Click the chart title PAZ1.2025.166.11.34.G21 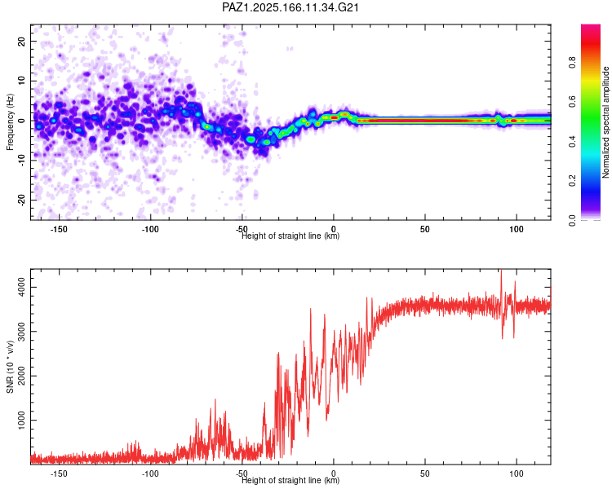[290, 7]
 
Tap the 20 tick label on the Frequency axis [21, 41]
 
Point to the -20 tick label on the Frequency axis [21, 200]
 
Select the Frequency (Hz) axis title [10, 122]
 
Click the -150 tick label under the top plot [59, 229]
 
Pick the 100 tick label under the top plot [516, 229]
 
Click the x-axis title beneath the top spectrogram [290, 236]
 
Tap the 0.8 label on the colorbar [572, 63]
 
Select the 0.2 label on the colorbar [572, 180]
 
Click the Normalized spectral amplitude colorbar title [605, 122]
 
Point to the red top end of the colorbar [591, 26]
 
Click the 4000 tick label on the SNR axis [21, 288]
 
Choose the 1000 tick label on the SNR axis [21, 420]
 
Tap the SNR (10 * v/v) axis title [10, 367]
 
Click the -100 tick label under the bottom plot [150, 474]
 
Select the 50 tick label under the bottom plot [424, 474]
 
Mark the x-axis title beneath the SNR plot [290, 480]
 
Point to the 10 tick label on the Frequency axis [21, 81]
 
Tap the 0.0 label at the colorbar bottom [572, 221]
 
